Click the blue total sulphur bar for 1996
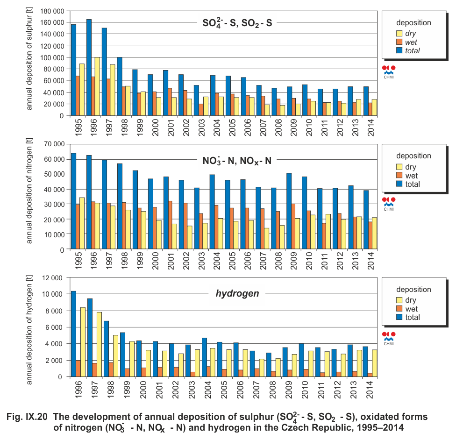pos(89,67)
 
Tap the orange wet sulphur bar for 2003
pos(201,110)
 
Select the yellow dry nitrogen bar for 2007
pos(266,239)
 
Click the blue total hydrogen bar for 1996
pos(73,334)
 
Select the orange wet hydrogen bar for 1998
pos(110,369)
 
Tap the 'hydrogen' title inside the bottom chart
pos(237,294)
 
